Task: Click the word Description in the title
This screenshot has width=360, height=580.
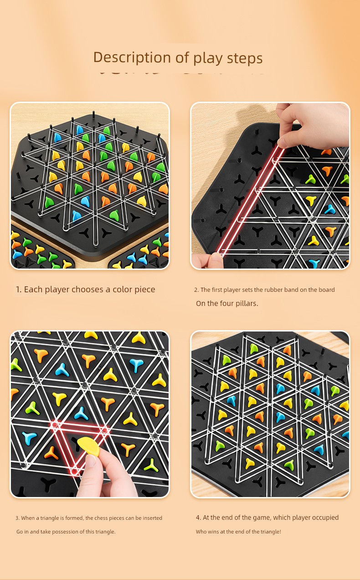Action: pyautogui.click(x=132, y=57)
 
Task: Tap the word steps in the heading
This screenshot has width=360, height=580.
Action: pyautogui.click(x=245, y=58)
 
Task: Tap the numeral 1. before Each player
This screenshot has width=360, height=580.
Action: pyautogui.click(x=19, y=290)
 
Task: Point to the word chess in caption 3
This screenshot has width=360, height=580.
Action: pyautogui.click(x=101, y=518)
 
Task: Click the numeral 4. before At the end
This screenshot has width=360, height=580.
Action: pyautogui.click(x=199, y=518)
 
